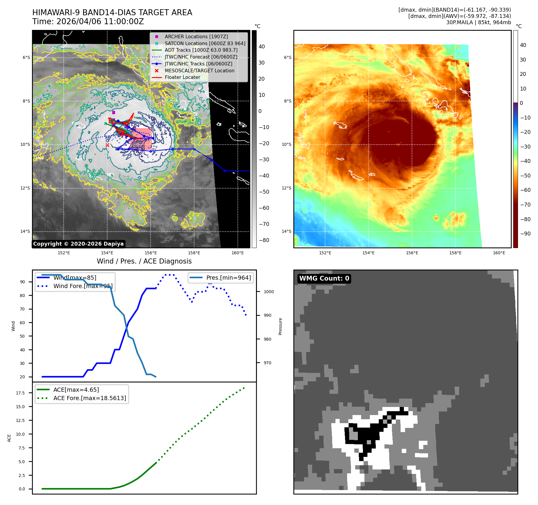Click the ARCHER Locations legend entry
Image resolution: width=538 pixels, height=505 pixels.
(196, 36)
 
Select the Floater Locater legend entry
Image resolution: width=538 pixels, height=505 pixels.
(182, 77)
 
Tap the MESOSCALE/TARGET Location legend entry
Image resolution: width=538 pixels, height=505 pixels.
(199, 71)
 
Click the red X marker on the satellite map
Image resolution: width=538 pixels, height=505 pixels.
(107, 145)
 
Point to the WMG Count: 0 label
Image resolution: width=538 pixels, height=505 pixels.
(324, 278)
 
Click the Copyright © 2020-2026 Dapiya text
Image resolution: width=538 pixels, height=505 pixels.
(78, 244)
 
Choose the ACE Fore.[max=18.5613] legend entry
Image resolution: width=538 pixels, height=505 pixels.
(90, 398)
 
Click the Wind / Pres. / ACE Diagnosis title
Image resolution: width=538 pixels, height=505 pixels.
(144, 261)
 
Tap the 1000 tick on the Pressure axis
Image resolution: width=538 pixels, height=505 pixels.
(269, 292)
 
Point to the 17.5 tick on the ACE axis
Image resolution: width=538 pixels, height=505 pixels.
(20, 393)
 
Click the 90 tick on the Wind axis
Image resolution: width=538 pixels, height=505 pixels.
(22, 282)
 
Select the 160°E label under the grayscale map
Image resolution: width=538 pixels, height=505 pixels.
(237, 253)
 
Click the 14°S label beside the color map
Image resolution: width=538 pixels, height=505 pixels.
(286, 231)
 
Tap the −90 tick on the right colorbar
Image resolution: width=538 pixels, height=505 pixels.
(525, 234)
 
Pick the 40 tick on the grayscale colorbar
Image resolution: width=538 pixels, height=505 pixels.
(262, 46)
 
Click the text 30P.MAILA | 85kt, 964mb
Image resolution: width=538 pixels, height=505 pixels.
(479, 22)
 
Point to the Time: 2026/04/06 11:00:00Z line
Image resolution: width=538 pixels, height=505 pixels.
(88, 22)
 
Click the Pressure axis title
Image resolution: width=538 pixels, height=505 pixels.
(280, 326)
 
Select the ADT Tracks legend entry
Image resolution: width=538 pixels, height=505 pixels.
(201, 50)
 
